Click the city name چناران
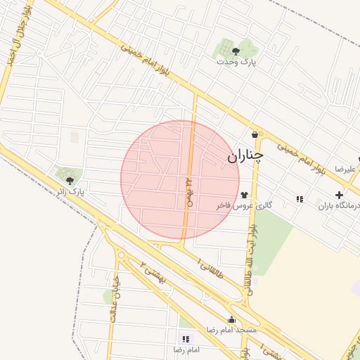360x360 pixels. click(244, 157)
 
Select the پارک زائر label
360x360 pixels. click(70, 191)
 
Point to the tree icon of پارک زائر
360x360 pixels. click(68, 180)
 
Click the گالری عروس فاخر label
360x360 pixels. click(243, 206)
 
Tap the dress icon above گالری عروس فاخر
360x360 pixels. click(243, 195)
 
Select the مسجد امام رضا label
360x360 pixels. click(231, 330)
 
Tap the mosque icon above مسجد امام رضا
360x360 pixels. click(231, 320)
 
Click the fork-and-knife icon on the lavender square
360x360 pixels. click(300, 199)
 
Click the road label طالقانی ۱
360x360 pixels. click(210, 268)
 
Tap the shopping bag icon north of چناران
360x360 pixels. click(254, 134)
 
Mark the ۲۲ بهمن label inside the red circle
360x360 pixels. click(188, 191)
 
